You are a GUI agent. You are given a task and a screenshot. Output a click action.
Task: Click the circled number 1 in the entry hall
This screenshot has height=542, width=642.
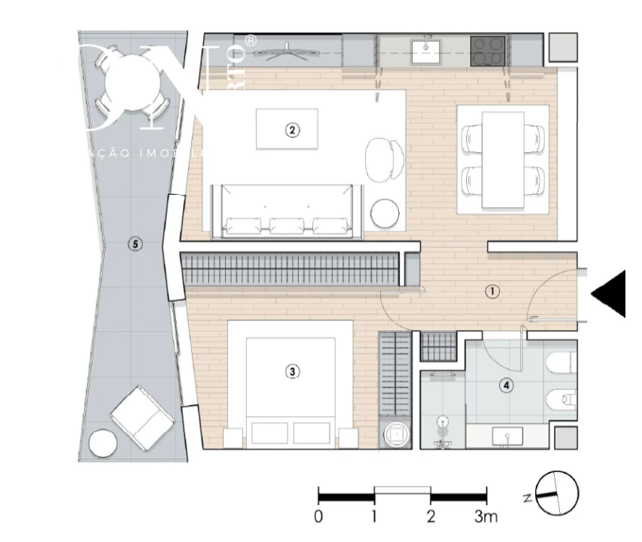(x=491, y=291)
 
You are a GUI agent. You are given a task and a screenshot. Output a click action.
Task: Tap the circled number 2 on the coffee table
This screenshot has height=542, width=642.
(x=292, y=129)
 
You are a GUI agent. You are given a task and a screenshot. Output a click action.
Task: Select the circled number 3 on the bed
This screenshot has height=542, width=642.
(x=292, y=371)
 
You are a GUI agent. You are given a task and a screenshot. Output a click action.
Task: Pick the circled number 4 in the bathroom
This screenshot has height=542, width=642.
(x=507, y=385)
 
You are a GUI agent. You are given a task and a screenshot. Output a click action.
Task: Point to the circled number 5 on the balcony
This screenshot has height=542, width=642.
(x=134, y=244)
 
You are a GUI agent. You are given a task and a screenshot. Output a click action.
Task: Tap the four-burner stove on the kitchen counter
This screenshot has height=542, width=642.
(x=488, y=51)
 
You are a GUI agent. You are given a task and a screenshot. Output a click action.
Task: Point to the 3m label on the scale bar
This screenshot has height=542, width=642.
(x=485, y=517)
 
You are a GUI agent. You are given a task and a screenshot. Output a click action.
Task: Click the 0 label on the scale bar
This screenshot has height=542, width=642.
(x=319, y=517)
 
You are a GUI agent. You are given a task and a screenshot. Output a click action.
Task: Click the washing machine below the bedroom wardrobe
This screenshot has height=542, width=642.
(x=396, y=435)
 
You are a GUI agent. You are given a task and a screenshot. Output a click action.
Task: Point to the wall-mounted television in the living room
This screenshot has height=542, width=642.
(x=281, y=51)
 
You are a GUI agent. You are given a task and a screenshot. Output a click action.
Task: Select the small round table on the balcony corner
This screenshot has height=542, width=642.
(x=102, y=443)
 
